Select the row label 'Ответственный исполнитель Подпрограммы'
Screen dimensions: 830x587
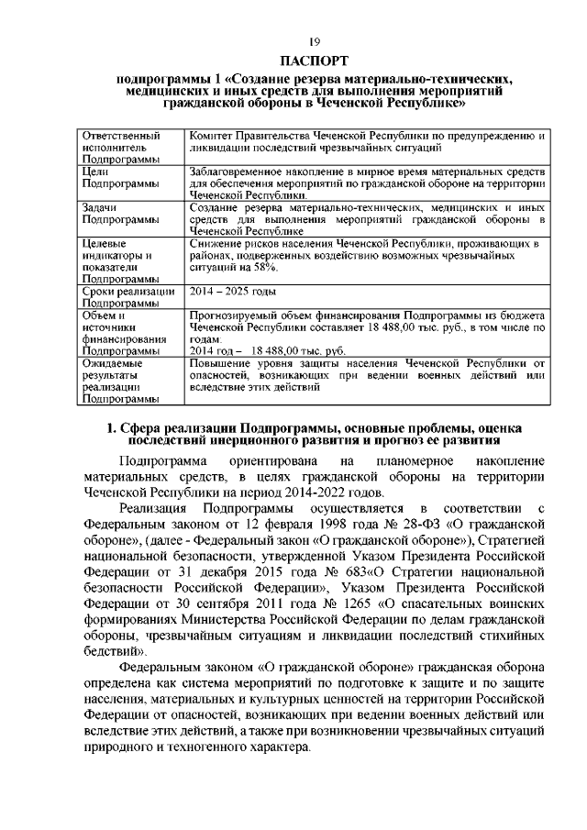[x=115, y=147]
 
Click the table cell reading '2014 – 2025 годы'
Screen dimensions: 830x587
[x=231, y=291]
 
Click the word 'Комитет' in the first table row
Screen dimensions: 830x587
[x=211, y=136]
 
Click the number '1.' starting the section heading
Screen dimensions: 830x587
[x=112, y=427]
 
